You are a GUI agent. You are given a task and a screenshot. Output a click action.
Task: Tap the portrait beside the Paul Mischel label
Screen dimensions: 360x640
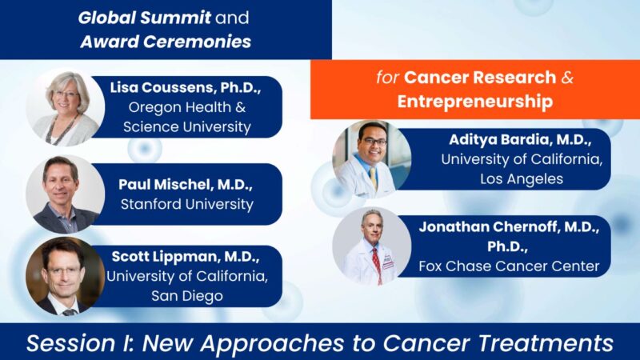tap(63, 194)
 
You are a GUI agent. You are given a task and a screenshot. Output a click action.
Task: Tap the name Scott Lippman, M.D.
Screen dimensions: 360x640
tap(186, 258)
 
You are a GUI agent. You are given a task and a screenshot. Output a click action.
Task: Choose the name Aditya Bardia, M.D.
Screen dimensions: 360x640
tap(522, 139)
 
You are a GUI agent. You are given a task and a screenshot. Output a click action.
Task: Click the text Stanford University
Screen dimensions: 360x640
tap(186, 204)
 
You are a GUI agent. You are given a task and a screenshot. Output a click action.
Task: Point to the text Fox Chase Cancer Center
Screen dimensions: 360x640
tap(510, 266)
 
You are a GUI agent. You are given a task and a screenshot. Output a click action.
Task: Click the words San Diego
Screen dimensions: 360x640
tap(186, 295)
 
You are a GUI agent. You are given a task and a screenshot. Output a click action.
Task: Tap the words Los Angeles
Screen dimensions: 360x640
tap(522, 178)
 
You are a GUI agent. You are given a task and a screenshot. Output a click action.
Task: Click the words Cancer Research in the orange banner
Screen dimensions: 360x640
tap(479, 78)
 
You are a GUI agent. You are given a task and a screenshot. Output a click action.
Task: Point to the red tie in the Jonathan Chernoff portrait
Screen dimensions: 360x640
tap(375, 262)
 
